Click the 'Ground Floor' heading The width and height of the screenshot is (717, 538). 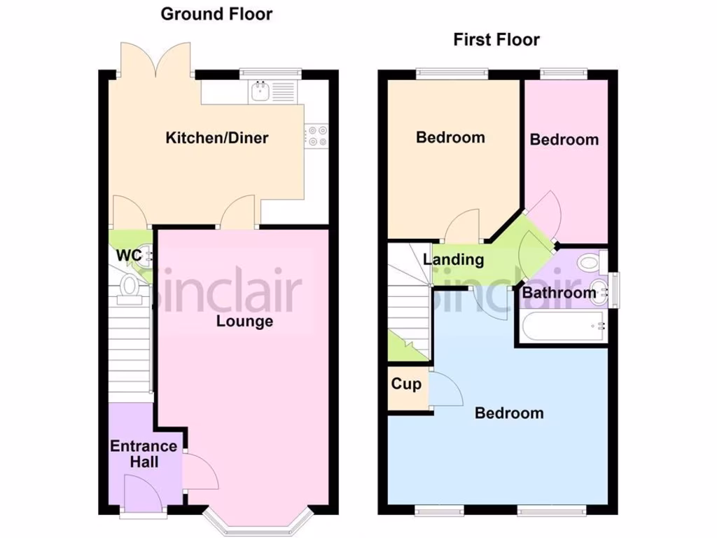coord(216,14)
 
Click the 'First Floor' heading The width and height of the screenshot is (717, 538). coord(496,39)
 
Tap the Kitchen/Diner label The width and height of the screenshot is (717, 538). coord(216,137)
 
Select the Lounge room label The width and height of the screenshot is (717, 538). coord(244,322)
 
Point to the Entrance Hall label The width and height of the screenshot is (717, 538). coord(144,454)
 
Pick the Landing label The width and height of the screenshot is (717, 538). coord(453,260)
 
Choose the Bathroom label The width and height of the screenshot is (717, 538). coord(559,292)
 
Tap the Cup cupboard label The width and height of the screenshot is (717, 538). coord(406,384)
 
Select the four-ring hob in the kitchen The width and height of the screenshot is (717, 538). coord(317,135)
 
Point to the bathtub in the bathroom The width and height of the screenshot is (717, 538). coord(563,326)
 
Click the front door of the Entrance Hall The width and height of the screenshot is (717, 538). coord(142,494)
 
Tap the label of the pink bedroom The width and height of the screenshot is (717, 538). coord(564,139)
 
